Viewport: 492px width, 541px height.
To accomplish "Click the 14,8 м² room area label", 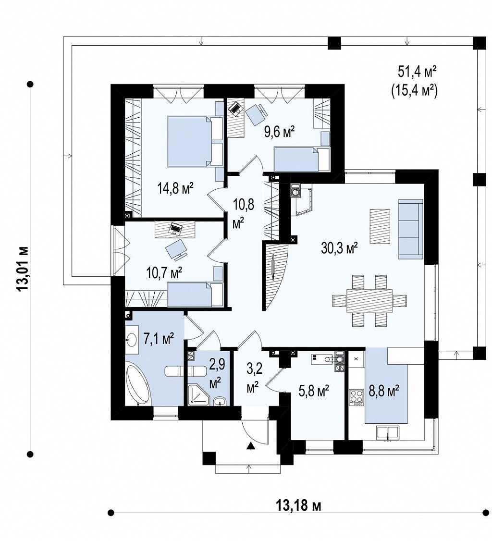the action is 175,188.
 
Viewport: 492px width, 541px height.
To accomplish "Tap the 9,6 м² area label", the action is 279,132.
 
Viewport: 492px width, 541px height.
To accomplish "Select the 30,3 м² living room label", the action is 339,248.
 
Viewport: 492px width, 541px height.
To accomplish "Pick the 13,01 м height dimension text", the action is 24,269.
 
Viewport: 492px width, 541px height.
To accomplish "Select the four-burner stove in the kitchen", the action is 357,397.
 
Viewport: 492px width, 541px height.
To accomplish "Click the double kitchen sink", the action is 388,433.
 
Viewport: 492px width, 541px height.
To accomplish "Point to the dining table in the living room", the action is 369,300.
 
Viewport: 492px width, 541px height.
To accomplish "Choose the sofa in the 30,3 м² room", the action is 411,229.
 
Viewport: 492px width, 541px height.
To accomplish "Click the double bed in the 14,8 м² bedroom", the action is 195,141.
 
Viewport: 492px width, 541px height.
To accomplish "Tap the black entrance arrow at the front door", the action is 251,446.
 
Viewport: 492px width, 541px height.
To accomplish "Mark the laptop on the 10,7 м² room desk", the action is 176,228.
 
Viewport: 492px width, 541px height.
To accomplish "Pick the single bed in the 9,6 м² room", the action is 302,159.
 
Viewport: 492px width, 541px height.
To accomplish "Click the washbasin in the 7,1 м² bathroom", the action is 132,340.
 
